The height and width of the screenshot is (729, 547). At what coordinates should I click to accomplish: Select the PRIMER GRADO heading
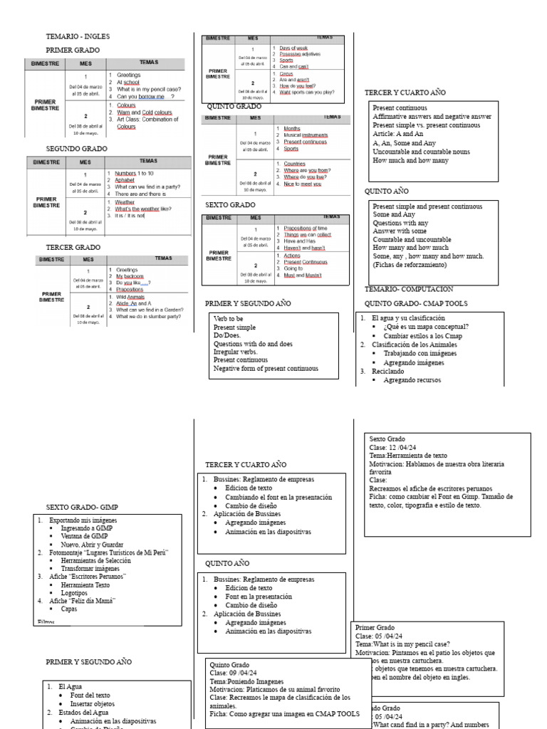click(x=75, y=50)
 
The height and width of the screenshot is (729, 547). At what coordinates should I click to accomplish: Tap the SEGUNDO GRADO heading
click(x=77, y=149)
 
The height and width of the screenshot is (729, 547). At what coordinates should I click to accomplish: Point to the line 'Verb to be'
click(x=228, y=319)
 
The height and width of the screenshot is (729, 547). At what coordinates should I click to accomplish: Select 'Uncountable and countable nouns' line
click(x=421, y=152)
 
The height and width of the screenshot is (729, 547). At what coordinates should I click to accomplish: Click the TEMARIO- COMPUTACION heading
click(x=409, y=289)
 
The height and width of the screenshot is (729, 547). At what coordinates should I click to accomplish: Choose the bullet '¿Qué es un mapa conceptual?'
click(x=426, y=327)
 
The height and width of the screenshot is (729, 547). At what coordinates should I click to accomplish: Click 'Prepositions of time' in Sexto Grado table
click(x=306, y=228)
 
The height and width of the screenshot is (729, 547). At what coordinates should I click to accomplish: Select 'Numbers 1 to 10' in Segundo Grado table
click(x=135, y=173)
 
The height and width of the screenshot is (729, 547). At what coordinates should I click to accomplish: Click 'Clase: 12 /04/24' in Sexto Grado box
click(x=393, y=447)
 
